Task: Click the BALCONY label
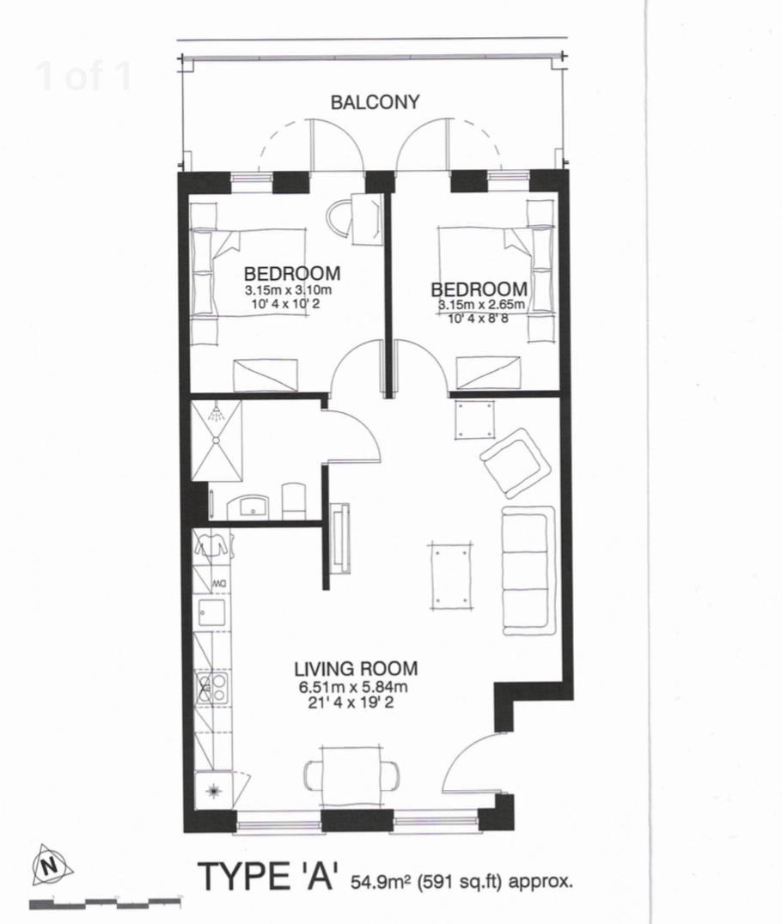tap(376, 102)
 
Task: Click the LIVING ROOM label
tap(355, 668)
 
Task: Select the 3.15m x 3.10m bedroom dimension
tap(287, 290)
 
